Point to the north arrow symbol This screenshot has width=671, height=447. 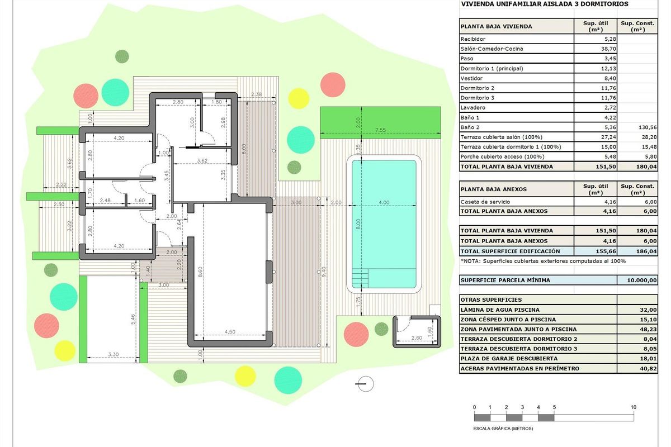pyautogui.click(x=365, y=383)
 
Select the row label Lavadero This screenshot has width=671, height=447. pyautogui.click(x=472, y=108)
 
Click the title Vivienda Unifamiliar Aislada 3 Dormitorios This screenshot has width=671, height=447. pyautogui.click(x=544, y=4)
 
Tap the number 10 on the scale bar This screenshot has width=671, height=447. pyautogui.click(x=633, y=407)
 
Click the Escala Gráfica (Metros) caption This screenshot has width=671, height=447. pyautogui.click(x=503, y=429)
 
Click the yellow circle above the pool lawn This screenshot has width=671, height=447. pyautogui.click(x=299, y=98)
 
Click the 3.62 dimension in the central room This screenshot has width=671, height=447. pyautogui.click(x=202, y=160)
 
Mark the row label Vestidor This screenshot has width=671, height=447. pyautogui.click(x=471, y=78)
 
